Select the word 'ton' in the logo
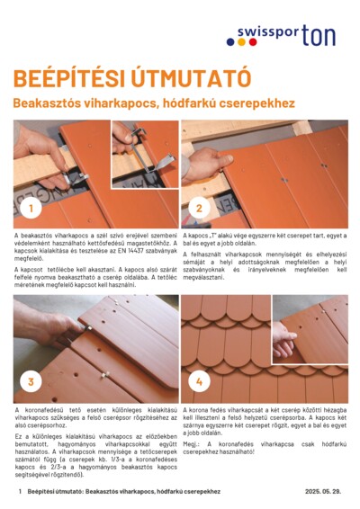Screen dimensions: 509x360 coord(322,35)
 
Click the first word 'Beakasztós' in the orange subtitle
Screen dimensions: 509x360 coord(45,104)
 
